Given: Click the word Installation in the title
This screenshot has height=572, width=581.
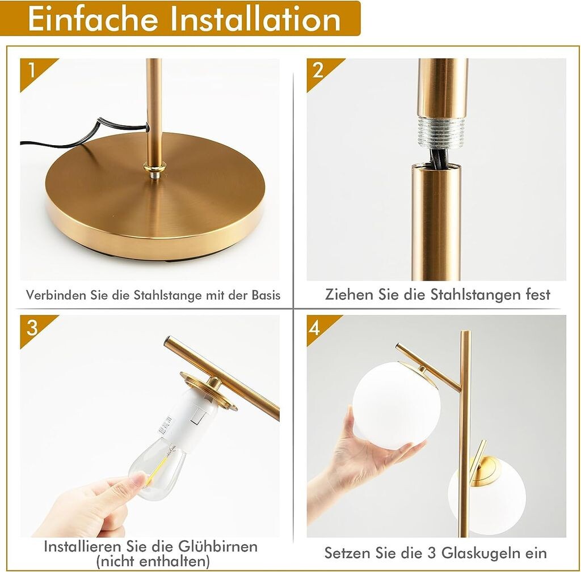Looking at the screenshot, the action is pyautogui.click(x=255, y=19).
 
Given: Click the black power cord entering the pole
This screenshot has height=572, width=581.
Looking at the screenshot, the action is pyautogui.click(x=85, y=134).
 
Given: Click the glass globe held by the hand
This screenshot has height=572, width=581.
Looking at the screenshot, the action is pyautogui.click(x=396, y=405).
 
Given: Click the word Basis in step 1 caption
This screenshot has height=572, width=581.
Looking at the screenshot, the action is pyautogui.click(x=266, y=295).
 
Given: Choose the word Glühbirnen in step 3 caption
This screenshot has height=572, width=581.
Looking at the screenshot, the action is pyautogui.click(x=218, y=546).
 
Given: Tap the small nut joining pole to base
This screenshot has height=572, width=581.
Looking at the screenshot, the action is pyautogui.click(x=155, y=171).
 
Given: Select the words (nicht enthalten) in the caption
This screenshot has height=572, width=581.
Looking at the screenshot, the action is pyautogui.click(x=153, y=561).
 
